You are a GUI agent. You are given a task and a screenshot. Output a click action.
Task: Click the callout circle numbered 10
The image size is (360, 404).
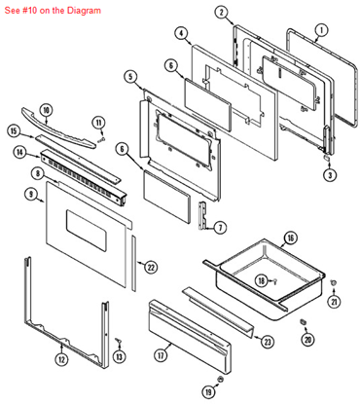(x=46, y=110)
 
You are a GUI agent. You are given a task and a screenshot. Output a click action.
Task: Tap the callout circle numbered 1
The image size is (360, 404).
(x=321, y=30)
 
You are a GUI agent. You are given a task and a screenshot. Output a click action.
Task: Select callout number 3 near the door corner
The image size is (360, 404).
(x=330, y=175)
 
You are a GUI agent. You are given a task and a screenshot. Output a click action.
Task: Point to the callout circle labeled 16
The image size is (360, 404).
(x=290, y=238)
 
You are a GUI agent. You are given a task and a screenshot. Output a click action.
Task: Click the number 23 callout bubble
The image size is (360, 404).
(x=268, y=342)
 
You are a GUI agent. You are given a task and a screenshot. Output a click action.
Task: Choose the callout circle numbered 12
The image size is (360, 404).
(x=61, y=359)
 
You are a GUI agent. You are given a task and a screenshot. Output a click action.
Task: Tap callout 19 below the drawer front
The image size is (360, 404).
(x=208, y=392)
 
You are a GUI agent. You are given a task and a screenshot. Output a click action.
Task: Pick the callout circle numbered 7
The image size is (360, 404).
(x=220, y=228)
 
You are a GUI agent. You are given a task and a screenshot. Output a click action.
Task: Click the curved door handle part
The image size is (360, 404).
(x=58, y=129)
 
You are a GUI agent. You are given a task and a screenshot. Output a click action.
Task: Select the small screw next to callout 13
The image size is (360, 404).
(x=119, y=341)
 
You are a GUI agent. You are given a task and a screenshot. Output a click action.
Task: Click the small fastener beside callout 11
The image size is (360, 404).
(x=101, y=139)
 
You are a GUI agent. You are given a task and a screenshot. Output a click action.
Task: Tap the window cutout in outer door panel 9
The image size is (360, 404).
(x=87, y=231)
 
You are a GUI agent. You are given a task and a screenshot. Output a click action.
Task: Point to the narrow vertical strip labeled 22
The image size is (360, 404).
(x=134, y=263)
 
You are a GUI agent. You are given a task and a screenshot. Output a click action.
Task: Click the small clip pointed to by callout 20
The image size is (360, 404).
(x=304, y=321)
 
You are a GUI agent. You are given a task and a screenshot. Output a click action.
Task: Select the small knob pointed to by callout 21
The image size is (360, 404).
(x=333, y=283)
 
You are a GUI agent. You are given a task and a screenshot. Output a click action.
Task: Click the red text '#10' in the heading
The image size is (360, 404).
(x=30, y=11)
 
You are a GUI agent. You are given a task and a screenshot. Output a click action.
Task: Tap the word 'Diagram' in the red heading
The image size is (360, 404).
(x=84, y=11)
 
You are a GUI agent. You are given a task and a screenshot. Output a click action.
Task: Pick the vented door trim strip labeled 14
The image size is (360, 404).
(x=84, y=178)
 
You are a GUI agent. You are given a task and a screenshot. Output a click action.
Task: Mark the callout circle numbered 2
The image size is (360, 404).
(x=221, y=13)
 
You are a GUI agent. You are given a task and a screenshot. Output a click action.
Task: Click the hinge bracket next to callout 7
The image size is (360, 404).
(x=202, y=215)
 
